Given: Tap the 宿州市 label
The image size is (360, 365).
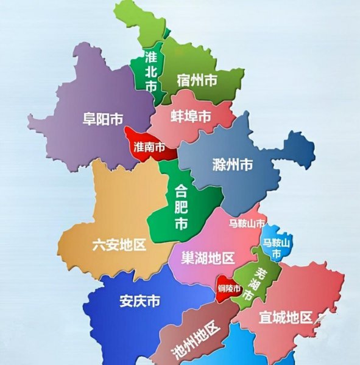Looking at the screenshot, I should pos(197,80).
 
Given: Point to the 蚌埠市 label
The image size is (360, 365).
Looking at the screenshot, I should pos(191,116).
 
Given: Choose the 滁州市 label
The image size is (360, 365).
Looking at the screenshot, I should pos(233,164).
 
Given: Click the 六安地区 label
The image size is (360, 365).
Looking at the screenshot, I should pos(119,245).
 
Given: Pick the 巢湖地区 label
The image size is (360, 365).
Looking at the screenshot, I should pos(208,258).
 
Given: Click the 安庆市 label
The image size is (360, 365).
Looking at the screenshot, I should pos(140,301).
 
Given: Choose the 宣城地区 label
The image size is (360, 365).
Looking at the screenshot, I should pos(285,317).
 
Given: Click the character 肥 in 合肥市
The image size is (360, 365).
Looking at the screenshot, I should pos(181,207).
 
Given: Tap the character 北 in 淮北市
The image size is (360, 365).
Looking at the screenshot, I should pos(151,72).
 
